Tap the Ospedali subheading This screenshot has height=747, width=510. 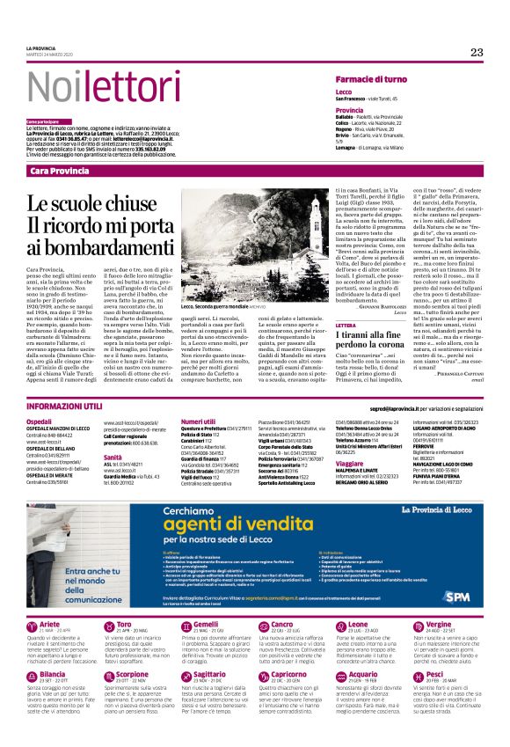pos(40,421)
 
